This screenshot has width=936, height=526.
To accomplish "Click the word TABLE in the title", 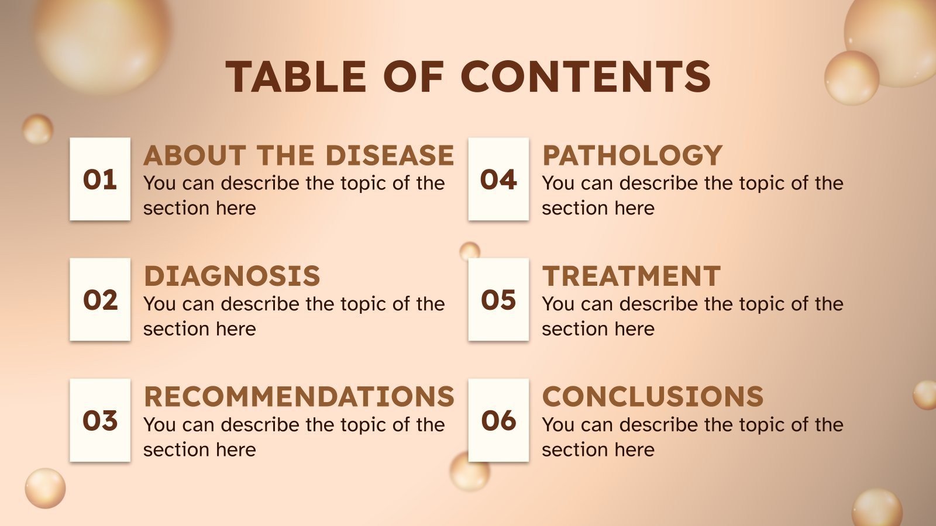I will pyautogui.click(x=296, y=77).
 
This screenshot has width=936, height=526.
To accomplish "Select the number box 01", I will pyautogui.click(x=100, y=179).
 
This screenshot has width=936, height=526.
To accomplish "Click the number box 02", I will pyautogui.click(x=100, y=299).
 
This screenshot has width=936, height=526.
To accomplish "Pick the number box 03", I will pyautogui.click(x=100, y=420).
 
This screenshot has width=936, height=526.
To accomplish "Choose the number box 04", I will pyautogui.click(x=498, y=179).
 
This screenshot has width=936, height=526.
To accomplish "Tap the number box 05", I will pyautogui.click(x=498, y=299).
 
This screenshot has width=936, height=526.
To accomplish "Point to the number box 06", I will pyautogui.click(x=498, y=420).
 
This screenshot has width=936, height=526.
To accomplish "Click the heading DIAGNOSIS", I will pyautogui.click(x=232, y=276).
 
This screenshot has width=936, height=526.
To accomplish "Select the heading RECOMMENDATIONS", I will pyautogui.click(x=299, y=396).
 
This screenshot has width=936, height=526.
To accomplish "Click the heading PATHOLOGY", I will pyautogui.click(x=632, y=155).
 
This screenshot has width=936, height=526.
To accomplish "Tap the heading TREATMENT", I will pyautogui.click(x=631, y=276).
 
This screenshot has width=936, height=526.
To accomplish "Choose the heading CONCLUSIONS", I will pyautogui.click(x=653, y=396).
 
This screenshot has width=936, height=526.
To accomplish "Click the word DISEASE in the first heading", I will pyautogui.click(x=390, y=155).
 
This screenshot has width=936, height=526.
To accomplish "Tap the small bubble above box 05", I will pyautogui.click(x=469, y=251).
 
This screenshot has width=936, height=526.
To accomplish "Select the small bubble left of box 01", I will pyautogui.click(x=37, y=129).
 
